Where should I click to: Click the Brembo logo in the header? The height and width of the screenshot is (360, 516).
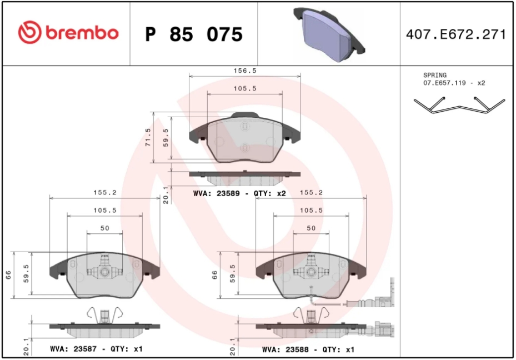[x=68, y=33]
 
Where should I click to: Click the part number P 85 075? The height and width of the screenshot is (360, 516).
[x=194, y=34]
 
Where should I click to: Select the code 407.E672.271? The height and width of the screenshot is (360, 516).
[x=456, y=34]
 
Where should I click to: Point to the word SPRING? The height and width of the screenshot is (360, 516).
[x=435, y=75]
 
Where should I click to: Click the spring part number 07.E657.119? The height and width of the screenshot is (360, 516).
[x=444, y=83]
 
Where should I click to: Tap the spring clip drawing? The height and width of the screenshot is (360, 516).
[x=459, y=105]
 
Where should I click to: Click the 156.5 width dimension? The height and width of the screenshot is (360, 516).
[x=245, y=71]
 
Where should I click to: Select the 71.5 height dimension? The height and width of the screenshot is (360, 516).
[x=148, y=137]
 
